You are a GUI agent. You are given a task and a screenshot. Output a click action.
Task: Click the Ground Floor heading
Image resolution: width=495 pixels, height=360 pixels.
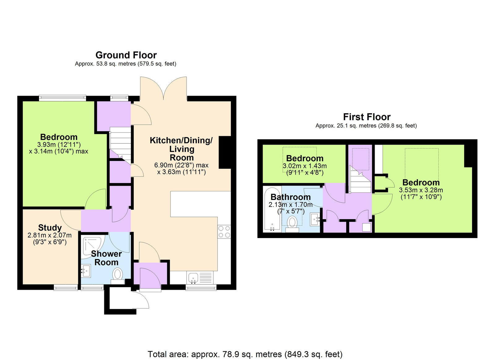coord(126,55)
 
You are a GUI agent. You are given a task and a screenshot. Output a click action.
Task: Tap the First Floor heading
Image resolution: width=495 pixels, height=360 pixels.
coord(367,117)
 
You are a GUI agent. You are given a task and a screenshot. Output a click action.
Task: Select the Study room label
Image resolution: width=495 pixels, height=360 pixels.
coord(50,228)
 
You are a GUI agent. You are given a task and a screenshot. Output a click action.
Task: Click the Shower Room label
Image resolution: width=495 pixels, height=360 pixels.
coord(106,258)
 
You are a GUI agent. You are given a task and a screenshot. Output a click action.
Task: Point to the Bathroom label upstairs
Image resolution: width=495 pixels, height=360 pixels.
coord(291,197)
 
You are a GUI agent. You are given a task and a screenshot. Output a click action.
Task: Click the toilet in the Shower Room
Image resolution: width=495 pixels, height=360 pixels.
coord(118,276)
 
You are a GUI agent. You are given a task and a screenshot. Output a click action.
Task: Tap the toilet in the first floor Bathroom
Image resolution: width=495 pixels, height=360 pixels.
coord(292,224)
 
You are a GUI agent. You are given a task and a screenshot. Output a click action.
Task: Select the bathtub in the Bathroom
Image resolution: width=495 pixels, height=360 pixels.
coord(272,209)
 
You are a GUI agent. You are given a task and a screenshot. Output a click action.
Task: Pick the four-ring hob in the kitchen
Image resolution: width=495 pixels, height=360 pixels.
coord(224,232)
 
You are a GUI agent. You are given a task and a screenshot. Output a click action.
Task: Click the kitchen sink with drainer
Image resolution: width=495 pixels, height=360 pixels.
coord(200,278)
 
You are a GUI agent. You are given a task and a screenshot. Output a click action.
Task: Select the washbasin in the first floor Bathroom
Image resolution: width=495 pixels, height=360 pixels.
coord(315,219)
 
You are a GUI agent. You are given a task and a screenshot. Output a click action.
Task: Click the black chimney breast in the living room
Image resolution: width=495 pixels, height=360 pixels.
coord(225,153)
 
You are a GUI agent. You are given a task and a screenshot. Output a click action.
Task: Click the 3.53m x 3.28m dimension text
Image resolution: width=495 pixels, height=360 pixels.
coord(421,190)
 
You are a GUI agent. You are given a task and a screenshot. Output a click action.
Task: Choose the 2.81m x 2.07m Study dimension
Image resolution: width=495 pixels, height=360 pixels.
coord(49,235)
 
